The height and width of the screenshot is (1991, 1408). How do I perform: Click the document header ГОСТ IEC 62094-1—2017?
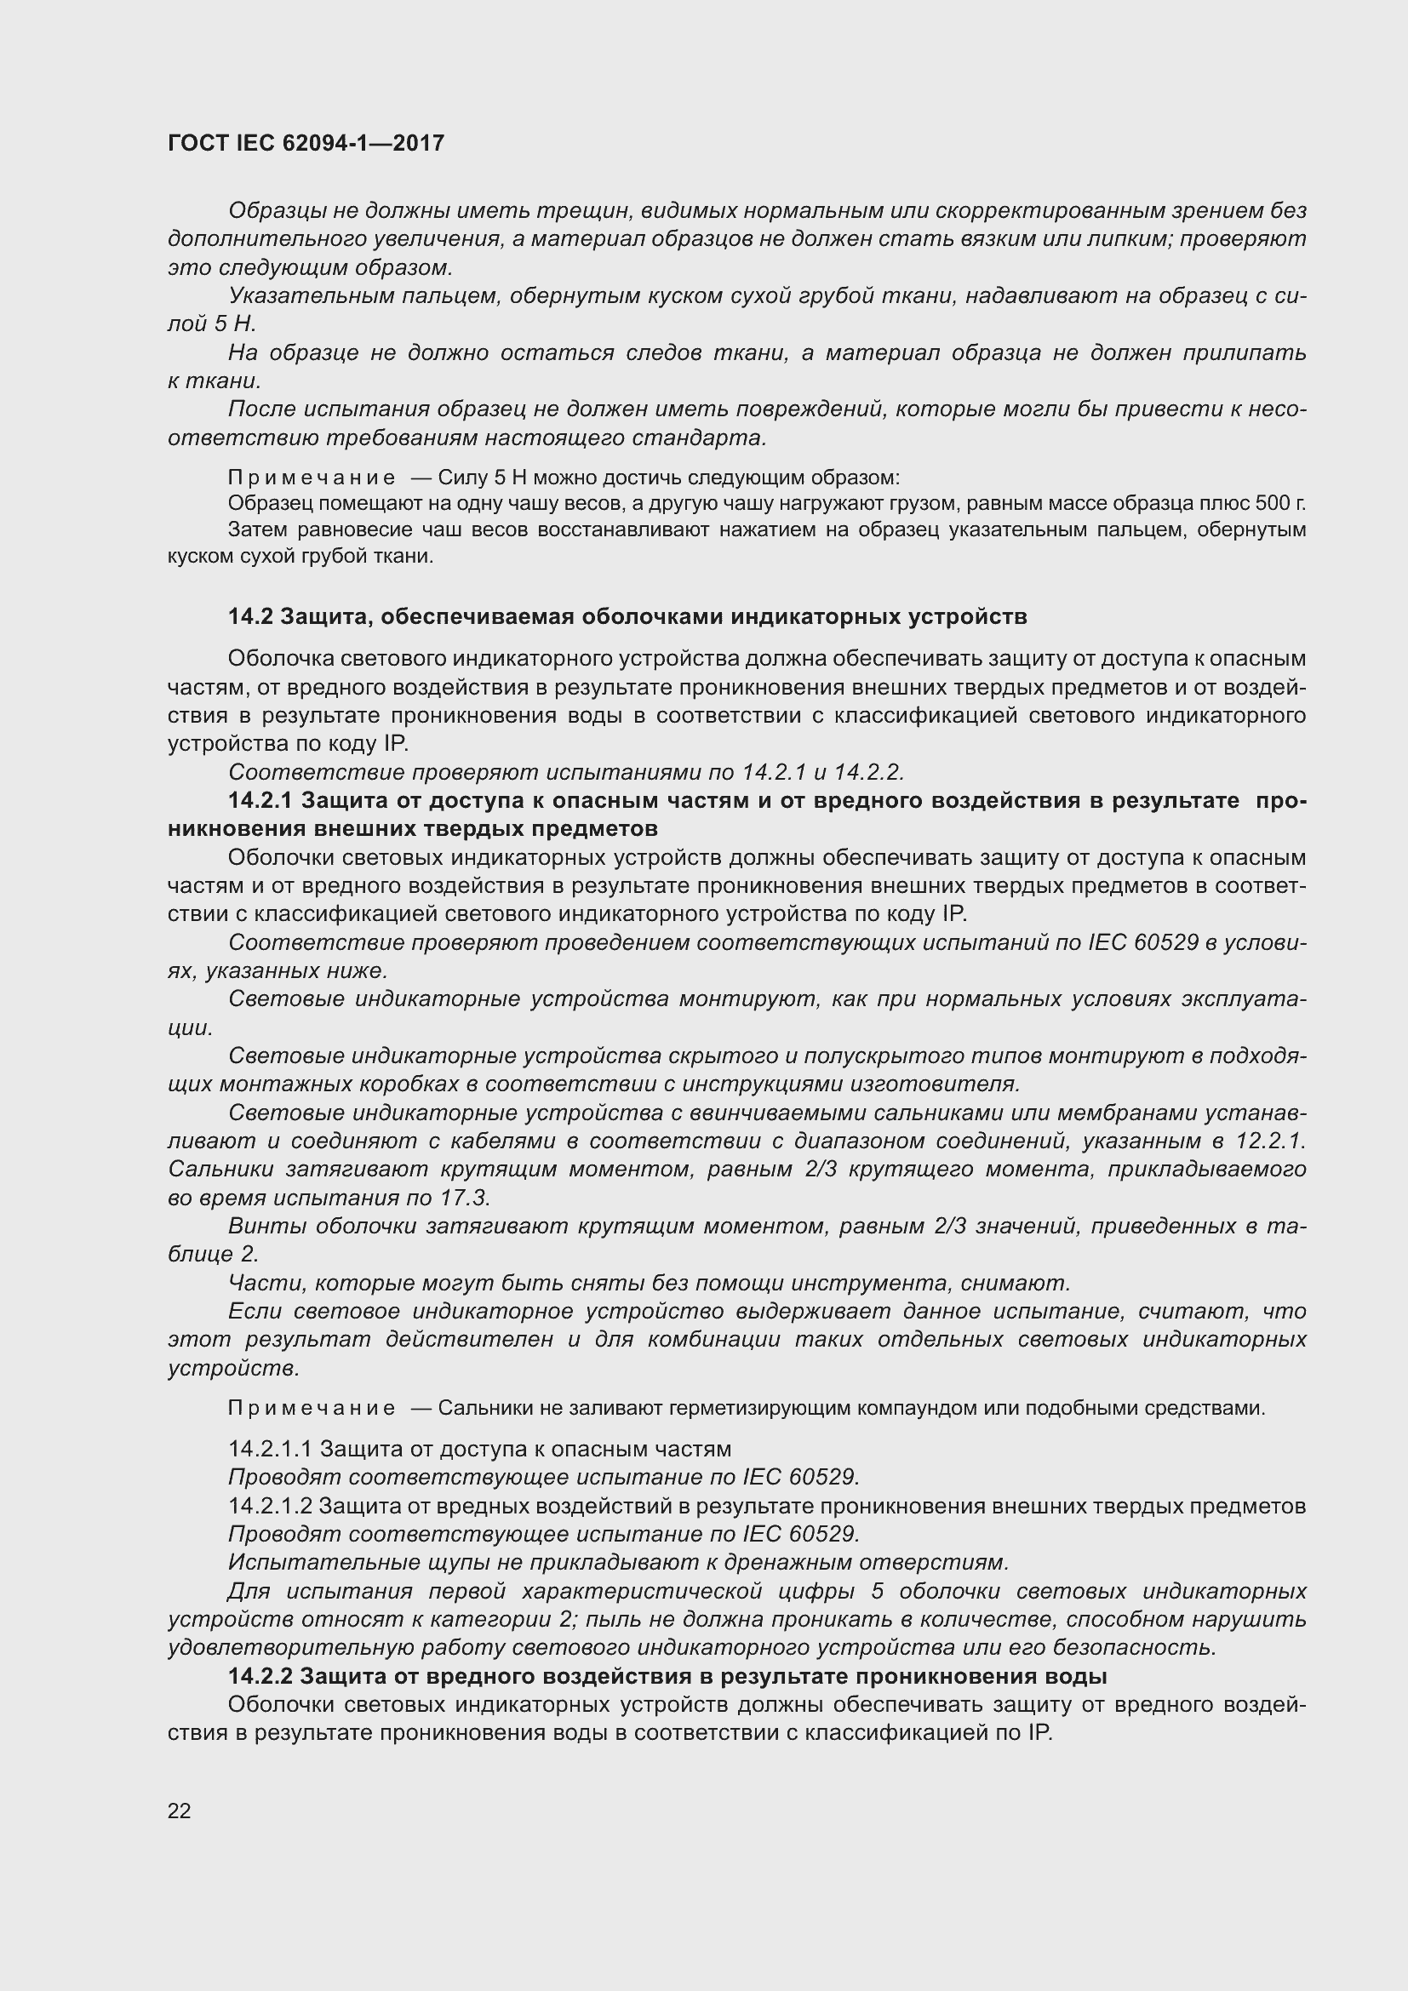pos(306,143)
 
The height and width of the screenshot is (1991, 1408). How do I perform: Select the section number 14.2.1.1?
pos(270,1449)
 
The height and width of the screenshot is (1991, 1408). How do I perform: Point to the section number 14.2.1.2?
pos(270,1506)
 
